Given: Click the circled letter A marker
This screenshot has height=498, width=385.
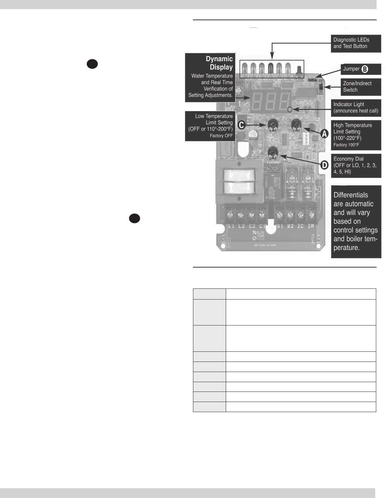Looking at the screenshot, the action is [x=324, y=134].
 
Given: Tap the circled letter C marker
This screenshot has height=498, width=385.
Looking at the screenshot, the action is [x=242, y=125].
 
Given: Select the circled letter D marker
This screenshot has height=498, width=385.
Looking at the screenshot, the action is [x=324, y=165].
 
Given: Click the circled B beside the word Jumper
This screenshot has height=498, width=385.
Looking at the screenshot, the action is [x=365, y=69].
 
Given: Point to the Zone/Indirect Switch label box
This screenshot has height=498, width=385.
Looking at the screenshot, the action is [x=361, y=87].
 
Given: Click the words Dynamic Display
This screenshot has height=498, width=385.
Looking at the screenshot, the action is [x=219, y=63].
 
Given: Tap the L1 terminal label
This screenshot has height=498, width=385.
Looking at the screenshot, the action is [x=231, y=226].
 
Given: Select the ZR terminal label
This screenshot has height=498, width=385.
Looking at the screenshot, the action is [x=311, y=226].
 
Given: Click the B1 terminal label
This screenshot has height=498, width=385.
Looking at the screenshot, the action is [x=279, y=226].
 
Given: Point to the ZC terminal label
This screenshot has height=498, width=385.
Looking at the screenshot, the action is [x=300, y=226].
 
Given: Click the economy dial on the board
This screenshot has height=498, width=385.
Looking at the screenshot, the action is [x=273, y=153].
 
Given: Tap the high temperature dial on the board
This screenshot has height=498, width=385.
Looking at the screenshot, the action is [x=296, y=125].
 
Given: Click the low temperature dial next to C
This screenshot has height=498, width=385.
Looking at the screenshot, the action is [x=273, y=125].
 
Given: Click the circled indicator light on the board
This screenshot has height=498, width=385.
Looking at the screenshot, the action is [x=290, y=109].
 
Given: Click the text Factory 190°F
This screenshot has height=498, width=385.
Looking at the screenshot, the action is [x=346, y=145].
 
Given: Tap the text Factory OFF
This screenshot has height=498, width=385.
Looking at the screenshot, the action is [x=221, y=136].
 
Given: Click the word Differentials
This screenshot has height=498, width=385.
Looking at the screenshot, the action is [x=351, y=195].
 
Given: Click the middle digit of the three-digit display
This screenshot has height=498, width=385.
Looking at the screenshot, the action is [x=270, y=100].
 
